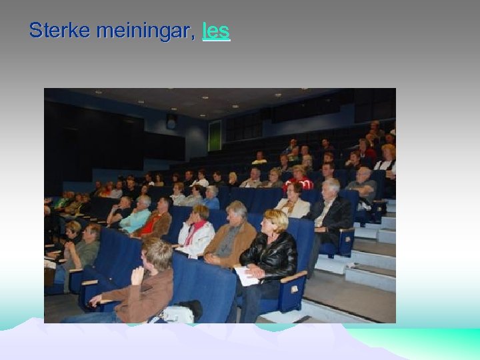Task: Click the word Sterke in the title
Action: click(60, 30)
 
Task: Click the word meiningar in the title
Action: click(145, 31)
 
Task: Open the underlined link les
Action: click(216, 30)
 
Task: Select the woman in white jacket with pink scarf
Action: click(195, 233)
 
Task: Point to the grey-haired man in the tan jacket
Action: click(231, 237)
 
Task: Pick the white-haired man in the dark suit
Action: click(331, 210)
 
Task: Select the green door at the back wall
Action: click(214, 135)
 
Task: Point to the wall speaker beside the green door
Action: click(171, 122)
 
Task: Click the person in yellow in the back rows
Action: click(259, 159)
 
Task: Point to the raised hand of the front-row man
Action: click(137, 273)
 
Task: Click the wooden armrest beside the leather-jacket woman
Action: click(293, 276)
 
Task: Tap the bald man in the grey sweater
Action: click(363, 184)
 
